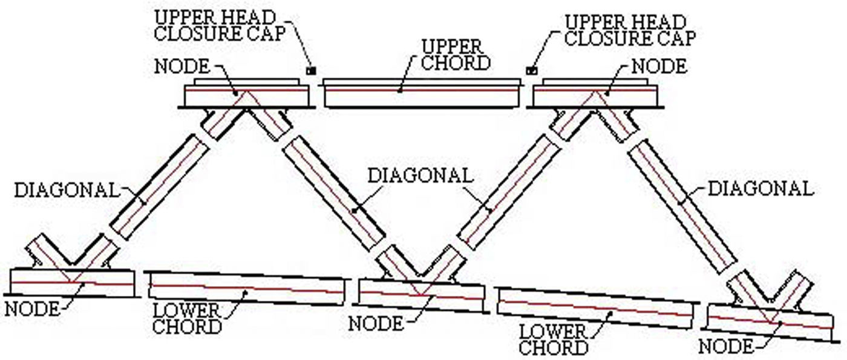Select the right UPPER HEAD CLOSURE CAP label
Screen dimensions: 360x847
(629, 30)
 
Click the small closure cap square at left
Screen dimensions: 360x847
(312, 70)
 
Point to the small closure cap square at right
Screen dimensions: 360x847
(533, 70)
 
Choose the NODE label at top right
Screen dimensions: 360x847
(659, 65)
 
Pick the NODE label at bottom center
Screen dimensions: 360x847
(376, 322)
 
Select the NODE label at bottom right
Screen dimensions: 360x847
(726, 347)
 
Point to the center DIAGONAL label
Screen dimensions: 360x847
(419, 175)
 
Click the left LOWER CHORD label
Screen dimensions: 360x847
(187, 319)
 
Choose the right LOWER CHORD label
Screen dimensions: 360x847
(554, 340)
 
